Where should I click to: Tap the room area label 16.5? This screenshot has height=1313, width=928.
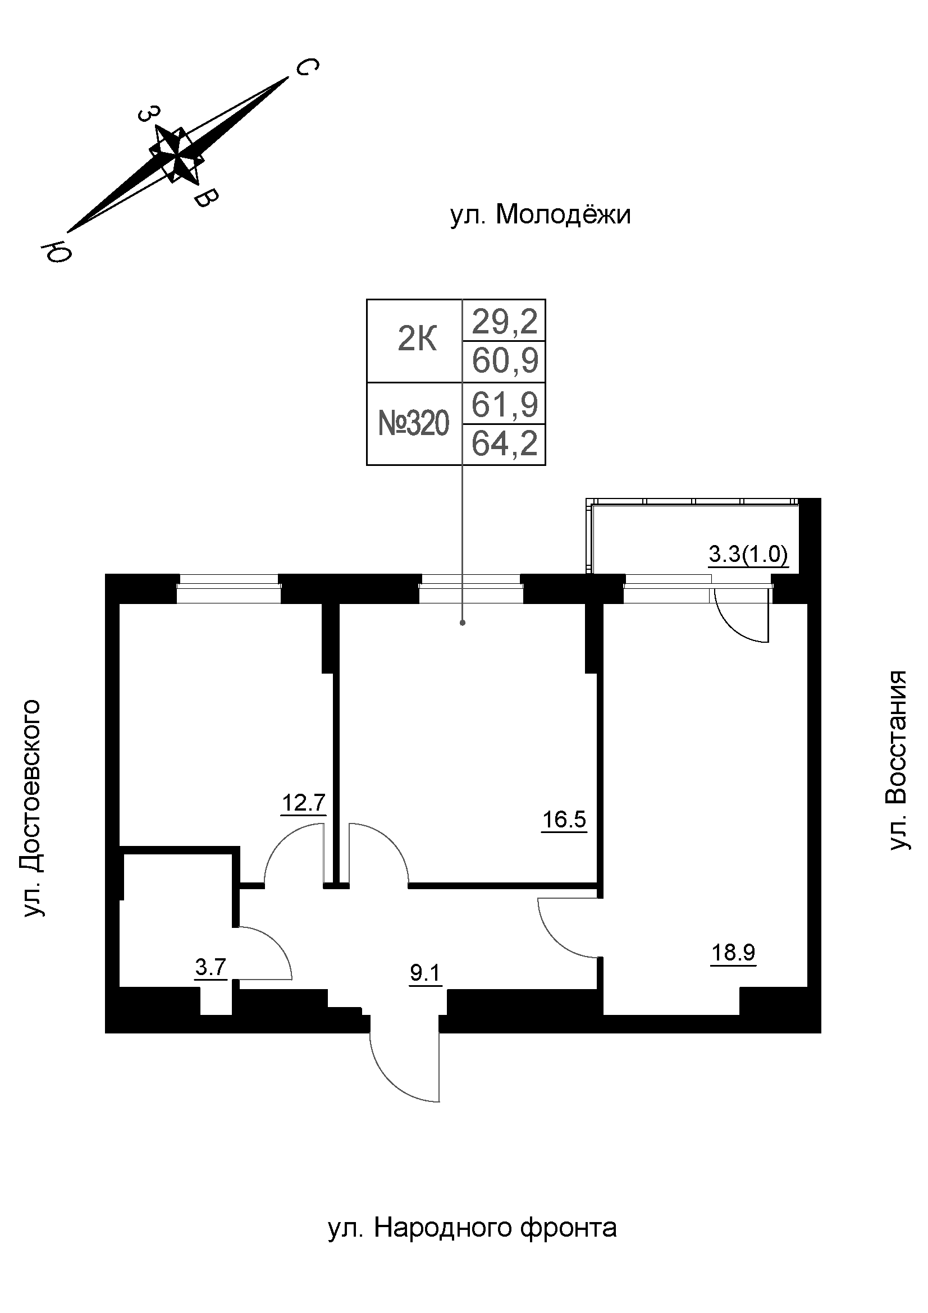coord(564,820)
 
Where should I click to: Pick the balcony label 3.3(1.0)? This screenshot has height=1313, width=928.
coord(748,555)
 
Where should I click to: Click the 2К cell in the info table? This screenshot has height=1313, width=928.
coord(417,341)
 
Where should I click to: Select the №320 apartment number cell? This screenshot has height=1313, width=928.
coord(414,424)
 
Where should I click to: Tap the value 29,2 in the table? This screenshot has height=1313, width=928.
coord(504,322)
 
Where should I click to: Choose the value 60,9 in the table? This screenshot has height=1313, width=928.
coord(505,361)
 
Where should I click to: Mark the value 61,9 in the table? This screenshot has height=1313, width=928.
coord(504,404)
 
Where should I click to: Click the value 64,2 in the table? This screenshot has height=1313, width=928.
coord(504,444)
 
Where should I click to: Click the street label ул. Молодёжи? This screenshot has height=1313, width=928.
coord(540,216)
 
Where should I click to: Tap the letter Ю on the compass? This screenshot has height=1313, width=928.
coord(55,251)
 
